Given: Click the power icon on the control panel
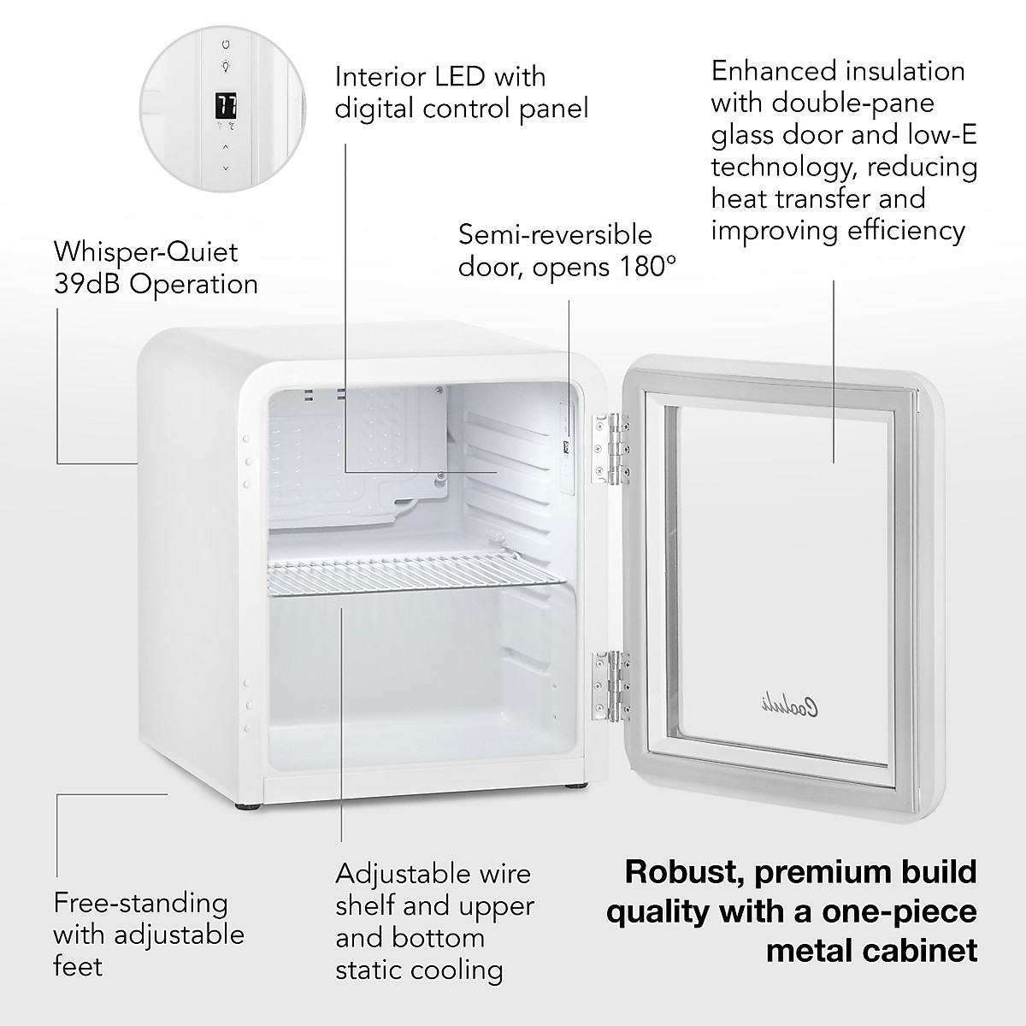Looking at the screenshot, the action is pyautogui.click(x=225, y=43).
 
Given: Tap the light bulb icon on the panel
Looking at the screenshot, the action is pyautogui.click(x=225, y=66).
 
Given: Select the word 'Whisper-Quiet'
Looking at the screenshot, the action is pyautogui.click(x=145, y=251).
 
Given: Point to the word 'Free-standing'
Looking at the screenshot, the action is pyautogui.click(x=141, y=903).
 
